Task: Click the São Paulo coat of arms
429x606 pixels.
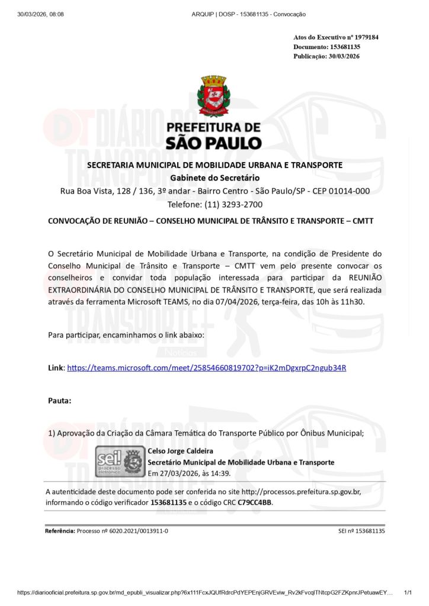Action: click(214, 95)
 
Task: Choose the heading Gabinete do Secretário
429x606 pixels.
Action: click(214, 178)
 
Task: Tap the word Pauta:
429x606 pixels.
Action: click(59, 401)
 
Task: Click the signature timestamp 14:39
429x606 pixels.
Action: click(220, 473)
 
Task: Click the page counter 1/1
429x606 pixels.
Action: click(407, 592)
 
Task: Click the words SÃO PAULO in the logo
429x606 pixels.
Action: click(214, 143)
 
